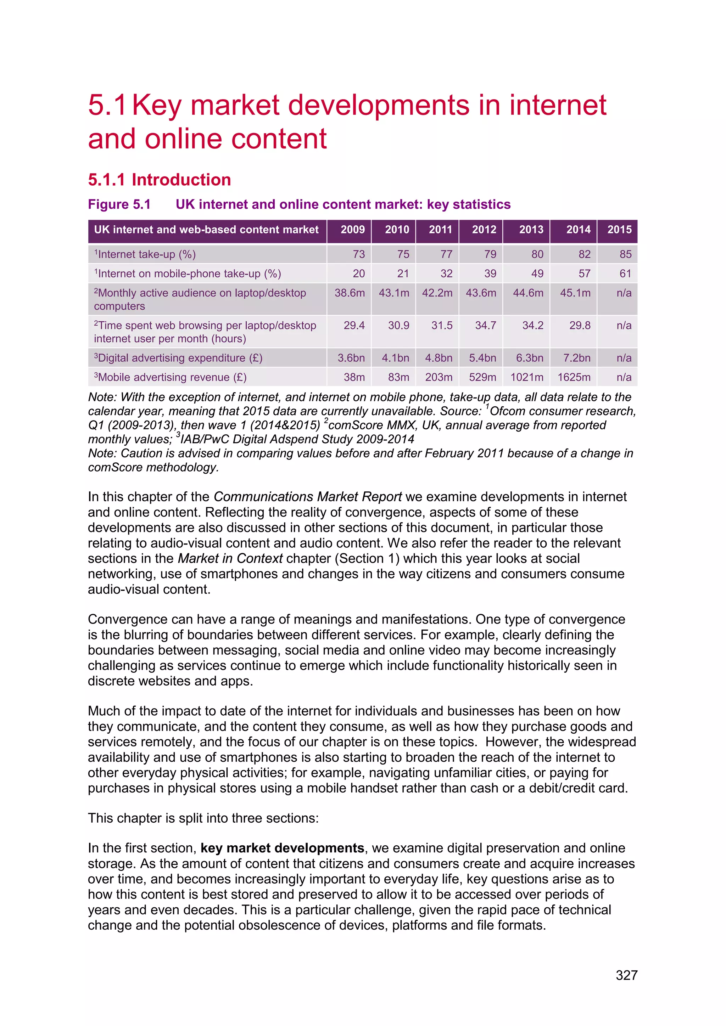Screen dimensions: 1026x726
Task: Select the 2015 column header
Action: [619, 230]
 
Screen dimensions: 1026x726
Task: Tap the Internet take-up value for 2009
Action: [358, 254]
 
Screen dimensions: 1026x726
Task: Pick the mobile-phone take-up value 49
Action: [537, 274]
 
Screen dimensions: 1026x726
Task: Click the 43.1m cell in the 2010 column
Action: [394, 293]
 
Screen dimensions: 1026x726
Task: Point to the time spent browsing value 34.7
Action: [486, 325]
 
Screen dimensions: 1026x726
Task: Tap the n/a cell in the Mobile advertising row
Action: [624, 377]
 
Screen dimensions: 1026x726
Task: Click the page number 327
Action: [626, 975]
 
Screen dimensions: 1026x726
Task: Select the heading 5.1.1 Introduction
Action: [159, 180]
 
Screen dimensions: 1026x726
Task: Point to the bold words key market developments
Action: [282, 848]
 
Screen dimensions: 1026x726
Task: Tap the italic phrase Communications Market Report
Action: [308, 497]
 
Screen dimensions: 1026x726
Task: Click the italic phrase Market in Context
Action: [230, 559]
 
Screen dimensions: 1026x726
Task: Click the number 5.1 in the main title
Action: [106, 106]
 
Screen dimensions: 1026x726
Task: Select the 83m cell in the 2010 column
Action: [398, 377]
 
